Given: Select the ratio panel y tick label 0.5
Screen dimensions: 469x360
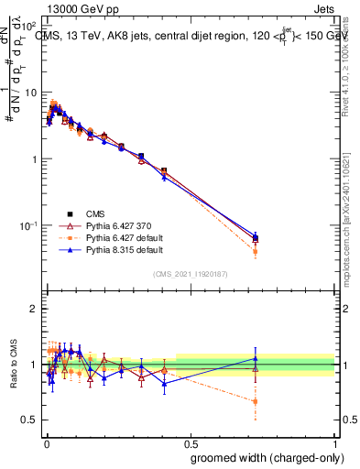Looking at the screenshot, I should pos(30,420).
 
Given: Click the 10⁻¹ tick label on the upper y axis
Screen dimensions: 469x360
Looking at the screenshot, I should pos(27,225).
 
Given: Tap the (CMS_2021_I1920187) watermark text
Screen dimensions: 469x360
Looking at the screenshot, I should pos(191,274).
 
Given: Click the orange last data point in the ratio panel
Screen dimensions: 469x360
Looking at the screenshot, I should pos(256,401).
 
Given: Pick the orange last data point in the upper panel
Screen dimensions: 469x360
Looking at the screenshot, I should pos(256,251).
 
